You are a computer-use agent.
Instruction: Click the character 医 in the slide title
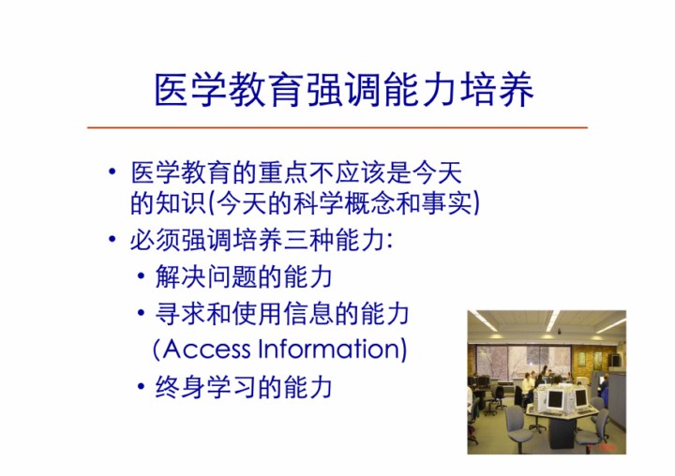[172, 90]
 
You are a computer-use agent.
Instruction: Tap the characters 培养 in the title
[497, 90]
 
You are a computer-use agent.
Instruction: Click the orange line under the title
[337, 127]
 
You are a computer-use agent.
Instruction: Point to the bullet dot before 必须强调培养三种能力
[112, 238]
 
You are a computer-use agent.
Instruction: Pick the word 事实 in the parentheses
[446, 202]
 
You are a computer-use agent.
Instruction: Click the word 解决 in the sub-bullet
[180, 276]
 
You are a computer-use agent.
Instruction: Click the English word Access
[206, 350]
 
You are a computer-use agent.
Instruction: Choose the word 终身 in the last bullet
[180, 387]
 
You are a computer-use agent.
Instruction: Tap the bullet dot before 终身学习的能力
[142, 386]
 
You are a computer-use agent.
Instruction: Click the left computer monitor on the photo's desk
[554, 400]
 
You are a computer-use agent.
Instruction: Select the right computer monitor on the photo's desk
[580, 397]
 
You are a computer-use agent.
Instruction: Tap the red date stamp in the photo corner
[602, 448]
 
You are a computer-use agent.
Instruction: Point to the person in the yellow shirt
[527, 388]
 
